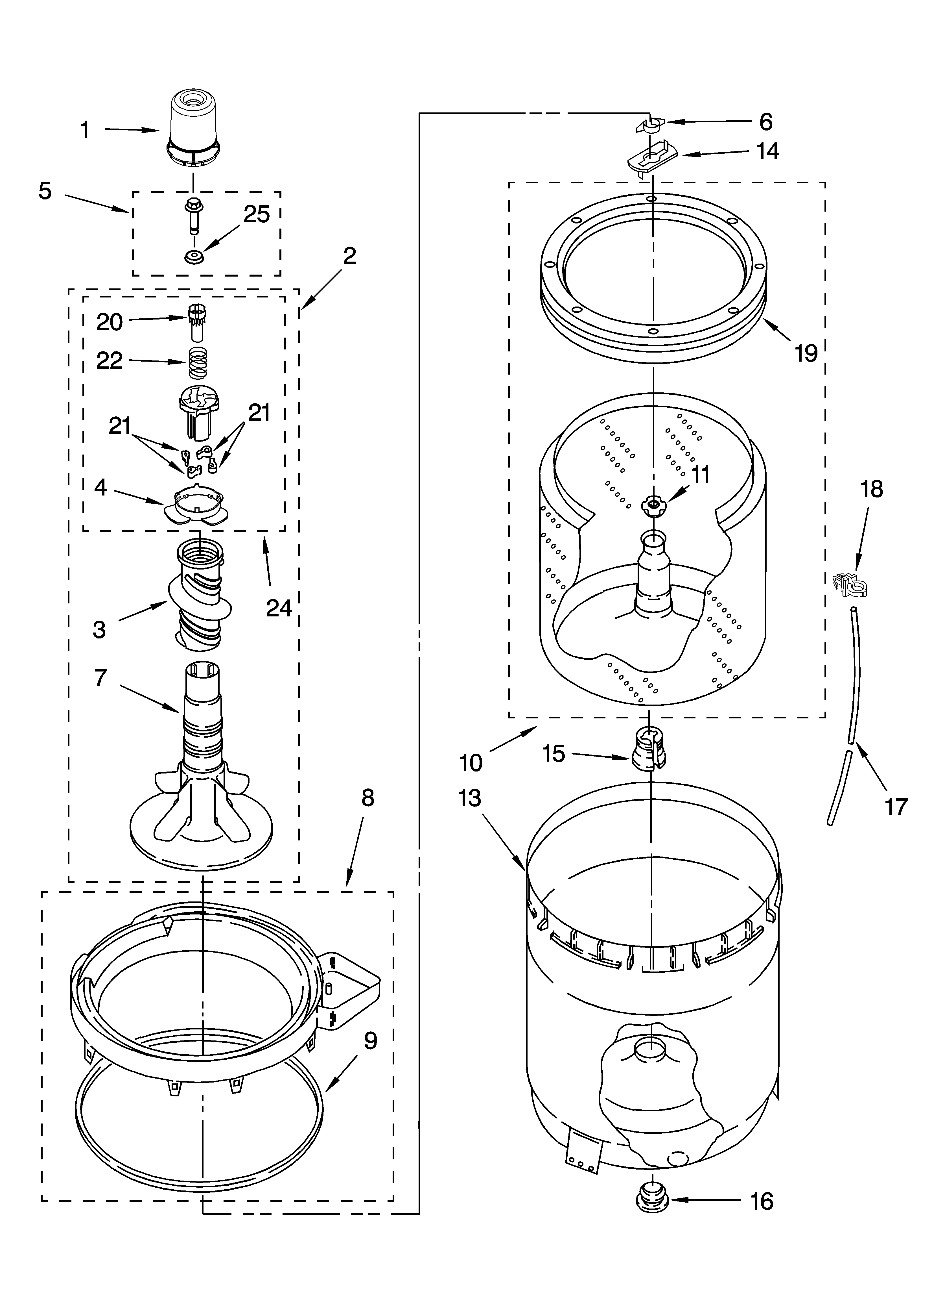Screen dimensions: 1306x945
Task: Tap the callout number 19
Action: [x=806, y=353]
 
